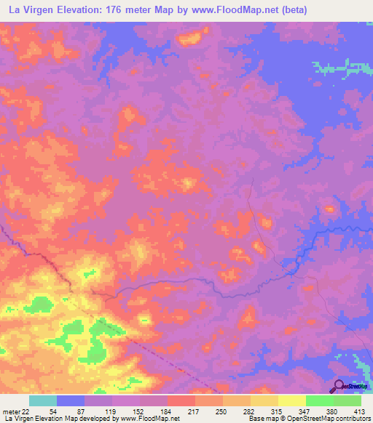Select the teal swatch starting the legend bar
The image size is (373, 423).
42,401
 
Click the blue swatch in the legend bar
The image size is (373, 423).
71,401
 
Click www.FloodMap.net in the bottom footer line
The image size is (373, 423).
152,419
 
